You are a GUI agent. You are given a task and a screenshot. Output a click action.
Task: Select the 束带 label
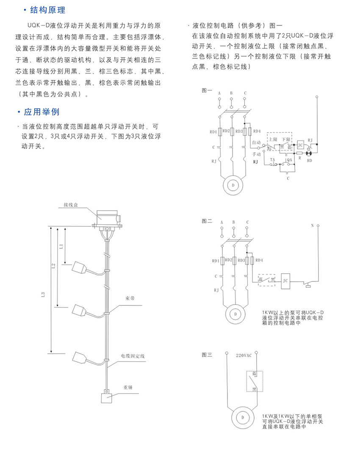[x=130, y=298]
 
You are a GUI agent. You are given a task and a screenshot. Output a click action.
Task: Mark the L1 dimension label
[x=61, y=245]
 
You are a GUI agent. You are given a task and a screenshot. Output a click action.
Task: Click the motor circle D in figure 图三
[x=243, y=418]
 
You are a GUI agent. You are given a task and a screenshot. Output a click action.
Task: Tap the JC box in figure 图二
[x=285, y=280]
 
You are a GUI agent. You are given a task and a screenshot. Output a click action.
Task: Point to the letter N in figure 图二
[x=312, y=225]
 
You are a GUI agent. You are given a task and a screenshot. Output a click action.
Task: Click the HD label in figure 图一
[x=310, y=161]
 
